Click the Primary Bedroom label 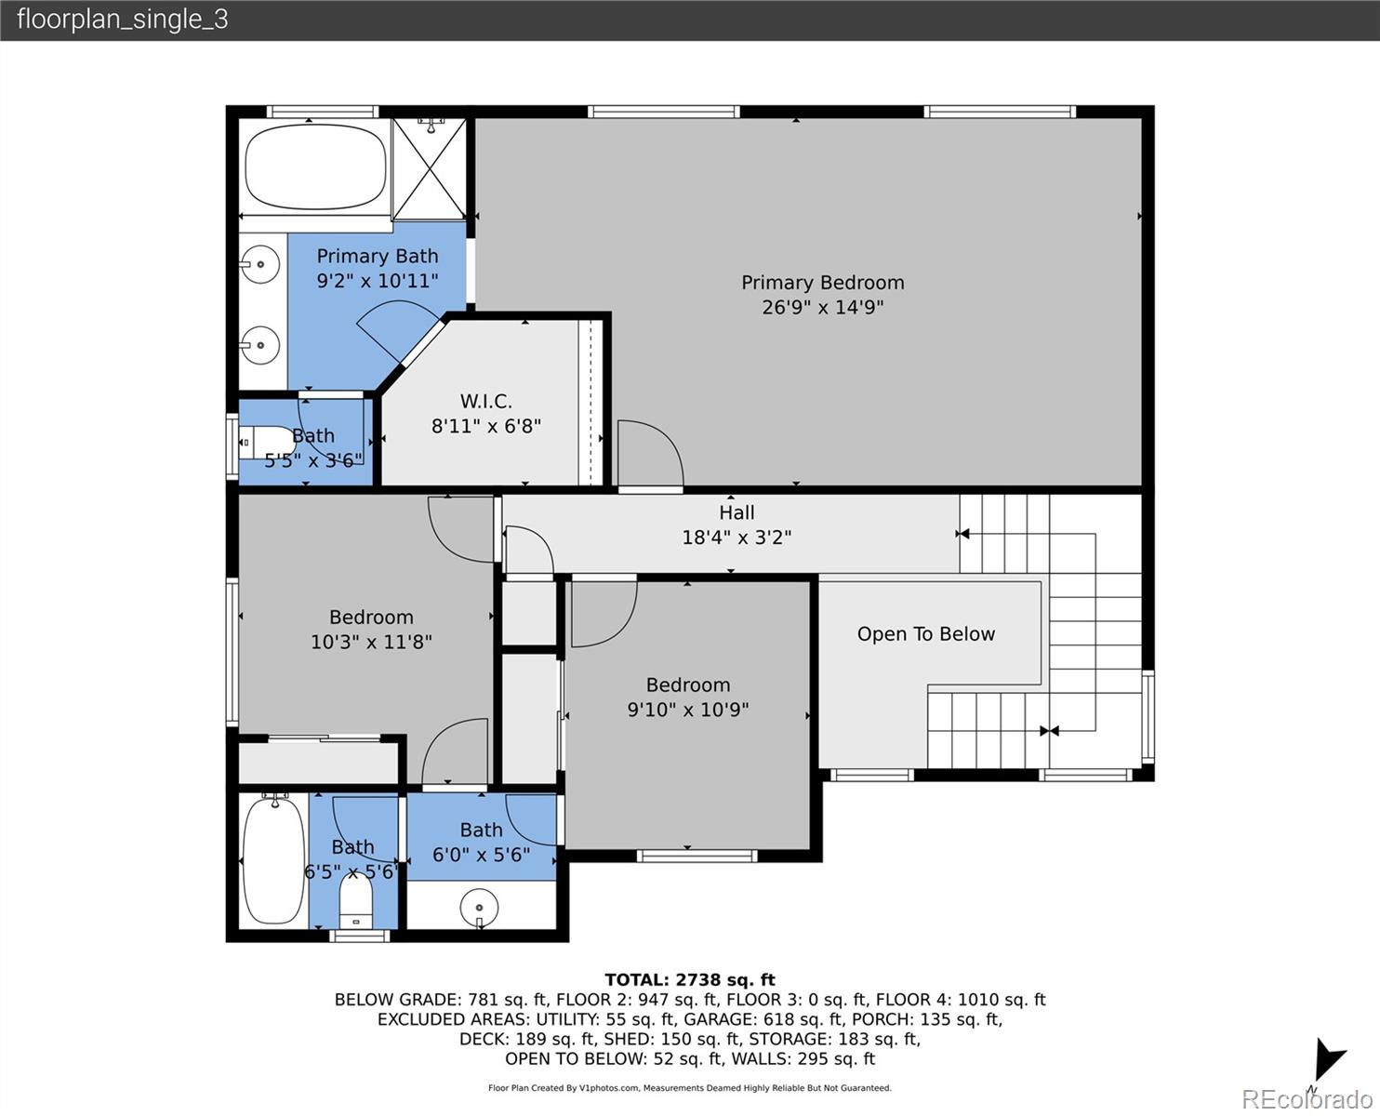click(822, 283)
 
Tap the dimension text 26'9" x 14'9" click(822, 308)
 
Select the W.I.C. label click(485, 402)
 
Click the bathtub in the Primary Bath click(314, 168)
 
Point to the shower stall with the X click(429, 168)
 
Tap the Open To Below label click(925, 634)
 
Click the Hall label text click(736, 512)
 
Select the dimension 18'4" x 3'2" click(736, 538)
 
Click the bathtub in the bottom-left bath click(273, 860)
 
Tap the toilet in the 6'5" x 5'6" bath click(355, 898)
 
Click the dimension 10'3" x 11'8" click(371, 642)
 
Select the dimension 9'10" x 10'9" click(687, 710)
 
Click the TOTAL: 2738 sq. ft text click(689, 979)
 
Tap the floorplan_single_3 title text click(122, 20)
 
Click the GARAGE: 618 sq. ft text click(750, 1019)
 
